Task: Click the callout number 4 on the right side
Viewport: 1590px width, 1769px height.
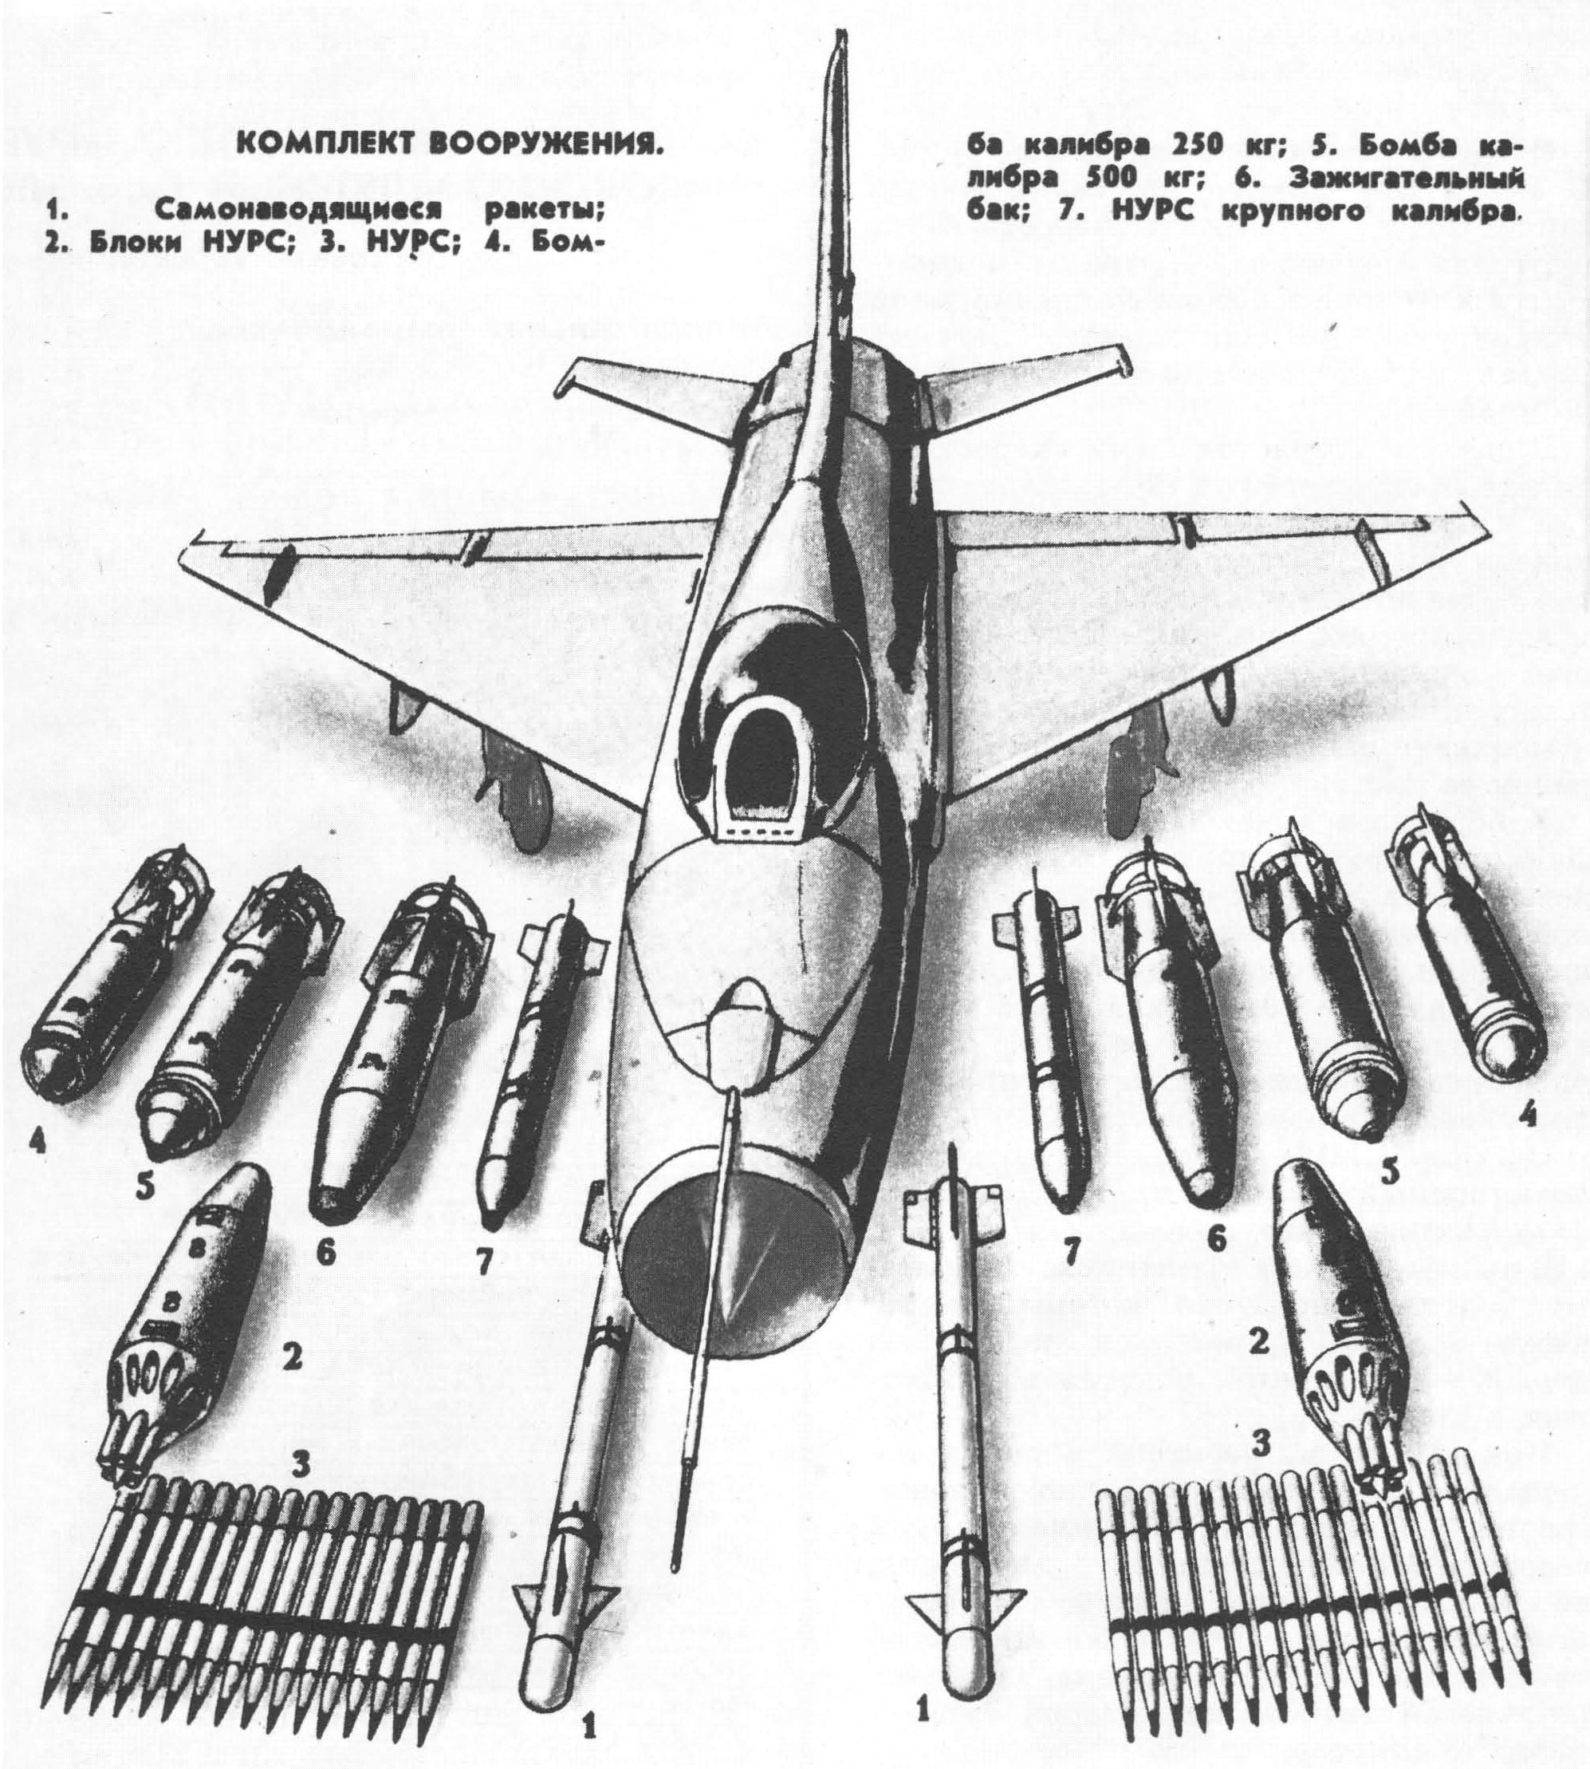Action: click(x=1526, y=1116)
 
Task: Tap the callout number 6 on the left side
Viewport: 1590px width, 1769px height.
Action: click(x=325, y=1254)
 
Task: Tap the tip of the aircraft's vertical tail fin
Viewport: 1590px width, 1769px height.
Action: click(x=840, y=39)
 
